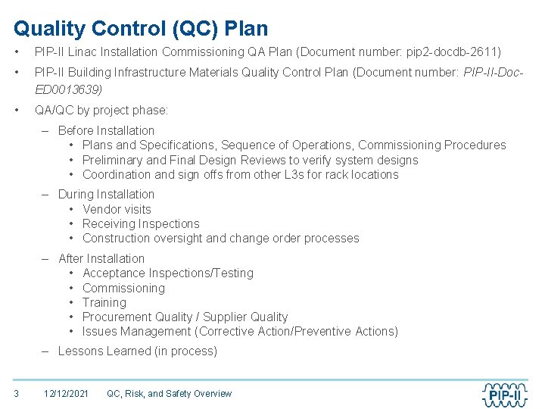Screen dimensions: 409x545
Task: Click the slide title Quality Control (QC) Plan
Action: point(141,29)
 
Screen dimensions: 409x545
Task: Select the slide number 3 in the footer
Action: point(16,393)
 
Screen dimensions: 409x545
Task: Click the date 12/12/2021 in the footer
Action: point(66,393)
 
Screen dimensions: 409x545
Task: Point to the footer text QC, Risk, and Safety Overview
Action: point(169,393)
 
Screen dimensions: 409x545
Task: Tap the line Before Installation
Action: point(106,130)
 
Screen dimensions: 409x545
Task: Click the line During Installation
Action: point(106,195)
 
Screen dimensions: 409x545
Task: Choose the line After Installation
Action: point(101,259)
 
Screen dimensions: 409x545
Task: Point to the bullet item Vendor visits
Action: point(117,209)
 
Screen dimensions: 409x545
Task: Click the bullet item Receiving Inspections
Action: point(141,223)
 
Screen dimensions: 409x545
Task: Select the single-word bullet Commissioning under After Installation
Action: point(123,288)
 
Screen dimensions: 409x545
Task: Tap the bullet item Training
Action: point(104,302)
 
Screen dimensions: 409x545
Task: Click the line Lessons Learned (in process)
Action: point(137,351)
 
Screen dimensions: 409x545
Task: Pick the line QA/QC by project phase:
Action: point(101,111)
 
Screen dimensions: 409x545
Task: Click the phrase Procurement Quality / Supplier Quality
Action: point(185,317)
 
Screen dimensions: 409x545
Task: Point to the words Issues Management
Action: point(136,331)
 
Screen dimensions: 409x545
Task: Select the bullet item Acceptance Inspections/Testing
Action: point(167,273)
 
